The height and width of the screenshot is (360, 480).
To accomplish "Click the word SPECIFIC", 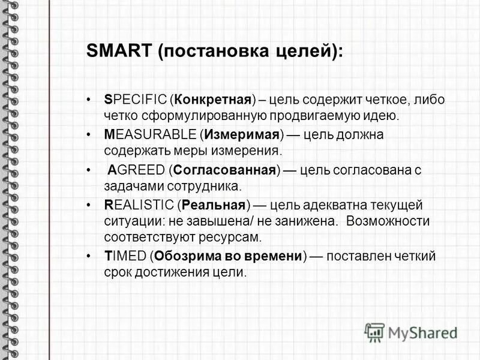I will pos(134,100).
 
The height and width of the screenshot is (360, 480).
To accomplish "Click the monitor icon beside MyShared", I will pos(374,332).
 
